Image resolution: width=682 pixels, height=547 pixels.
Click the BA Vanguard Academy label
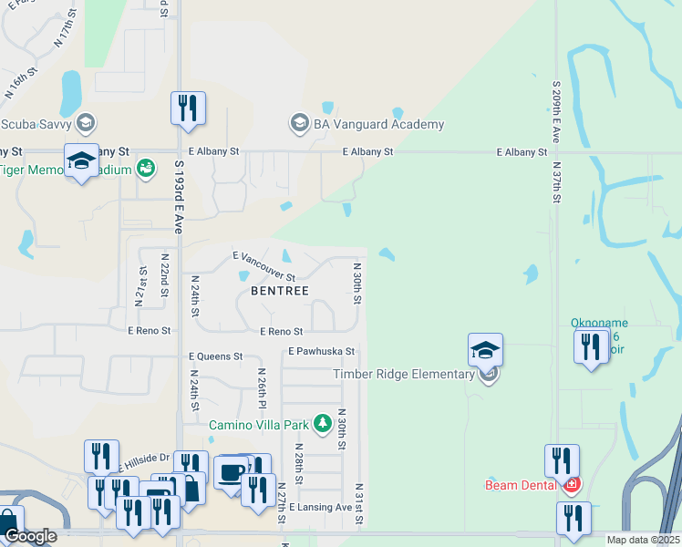point(379,124)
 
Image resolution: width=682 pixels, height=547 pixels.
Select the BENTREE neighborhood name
point(280,290)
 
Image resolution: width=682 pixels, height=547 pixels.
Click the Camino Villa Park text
point(260,424)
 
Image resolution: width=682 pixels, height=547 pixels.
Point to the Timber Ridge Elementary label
point(404,374)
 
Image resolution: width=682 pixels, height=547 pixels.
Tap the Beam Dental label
point(521,485)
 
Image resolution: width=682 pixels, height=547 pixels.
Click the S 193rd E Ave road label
point(179,200)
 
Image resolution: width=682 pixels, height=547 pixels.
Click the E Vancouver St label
point(264,266)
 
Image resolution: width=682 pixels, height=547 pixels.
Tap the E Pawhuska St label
point(320,351)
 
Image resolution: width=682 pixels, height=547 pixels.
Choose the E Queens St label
point(216,356)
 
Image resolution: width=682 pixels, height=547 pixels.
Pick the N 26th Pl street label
point(262,388)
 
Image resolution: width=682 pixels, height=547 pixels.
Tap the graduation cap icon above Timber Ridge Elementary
point(485,348)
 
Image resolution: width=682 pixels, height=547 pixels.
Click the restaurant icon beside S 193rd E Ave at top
point(187,108)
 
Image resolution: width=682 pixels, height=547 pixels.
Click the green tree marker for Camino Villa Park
point(321,423)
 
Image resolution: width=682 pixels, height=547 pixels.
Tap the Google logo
point(30,536)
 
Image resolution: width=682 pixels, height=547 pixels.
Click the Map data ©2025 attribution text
point(643,540)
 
